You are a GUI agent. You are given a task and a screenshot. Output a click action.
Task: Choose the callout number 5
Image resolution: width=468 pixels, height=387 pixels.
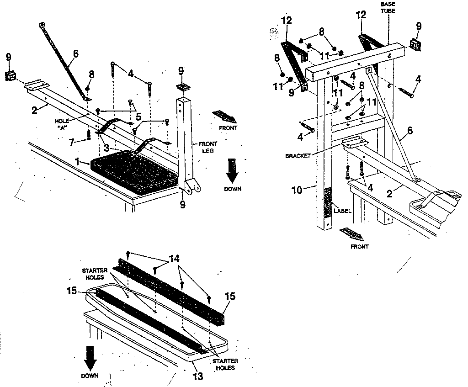(138, 117)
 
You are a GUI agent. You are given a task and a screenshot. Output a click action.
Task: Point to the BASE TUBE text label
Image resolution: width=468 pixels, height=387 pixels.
(388, 7)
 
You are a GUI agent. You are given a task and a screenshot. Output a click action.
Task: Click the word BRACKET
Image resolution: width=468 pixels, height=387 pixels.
(298, 156)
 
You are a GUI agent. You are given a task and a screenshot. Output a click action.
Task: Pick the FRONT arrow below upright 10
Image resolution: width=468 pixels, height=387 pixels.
(352, 235)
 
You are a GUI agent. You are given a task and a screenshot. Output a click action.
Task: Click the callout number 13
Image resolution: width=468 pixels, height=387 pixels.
(198, 376)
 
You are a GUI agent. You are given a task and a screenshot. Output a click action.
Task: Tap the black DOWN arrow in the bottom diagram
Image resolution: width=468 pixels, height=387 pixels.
(90, 357)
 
